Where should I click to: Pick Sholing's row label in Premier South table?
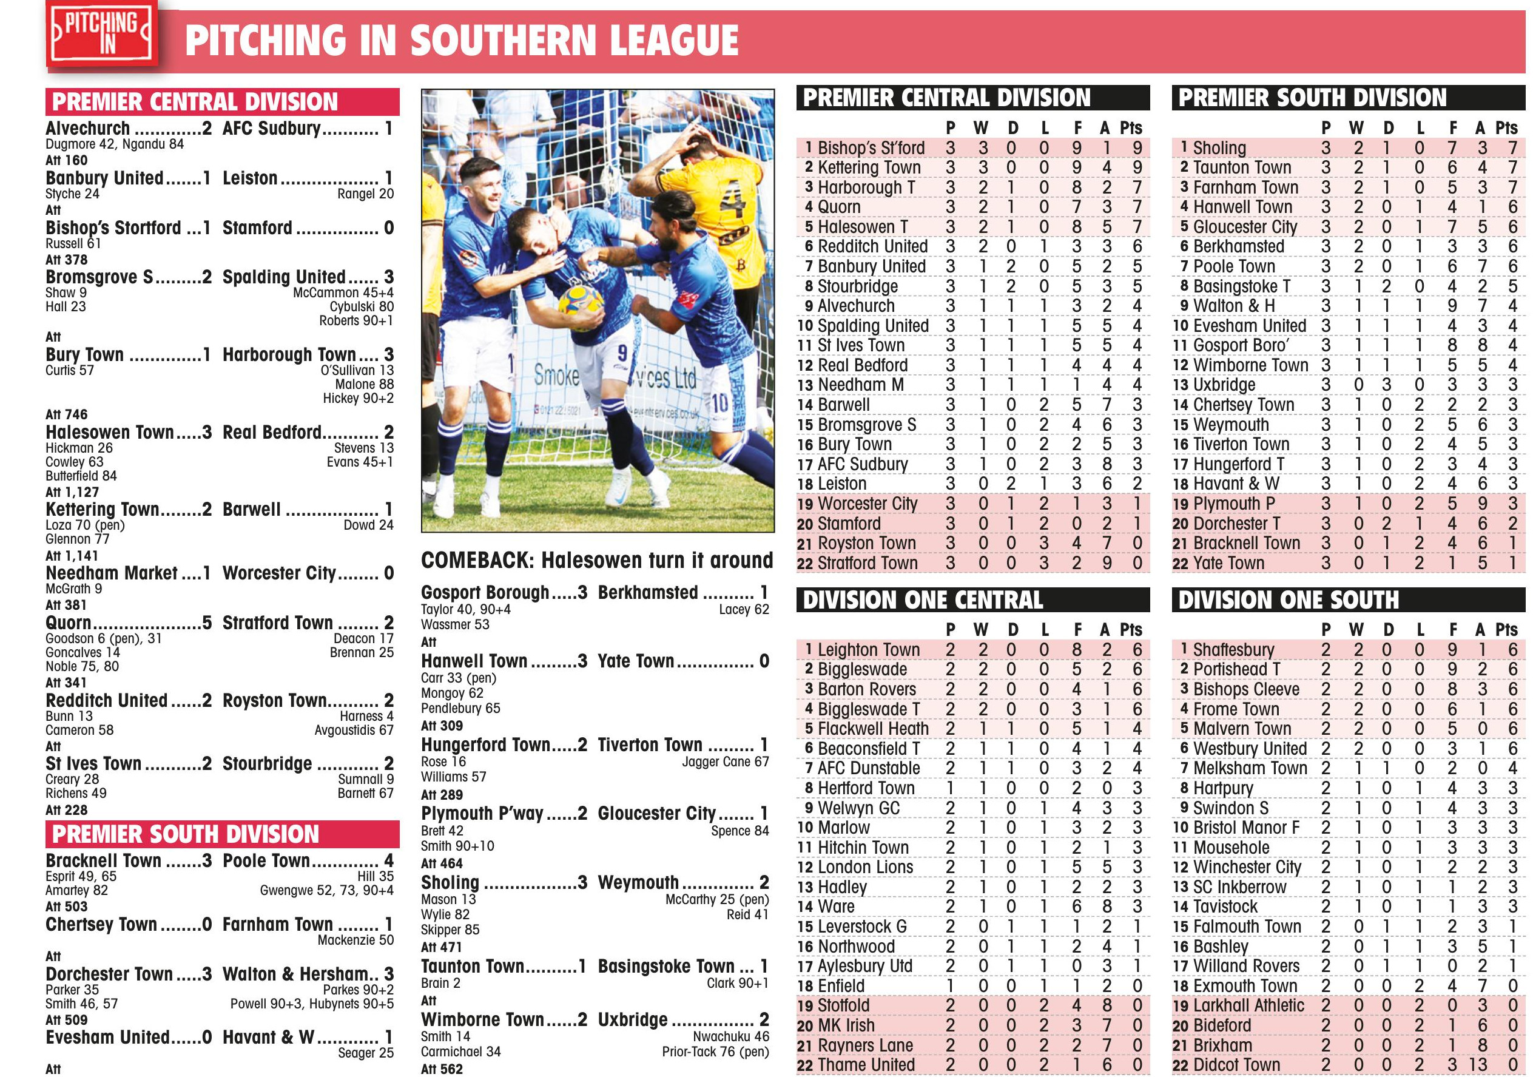[x=1219, y=147]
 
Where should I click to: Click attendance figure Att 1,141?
[x=72, y=556]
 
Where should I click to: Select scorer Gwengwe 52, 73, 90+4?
[x=326, y=890]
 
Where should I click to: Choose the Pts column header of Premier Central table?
[x=1131, y=128]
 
